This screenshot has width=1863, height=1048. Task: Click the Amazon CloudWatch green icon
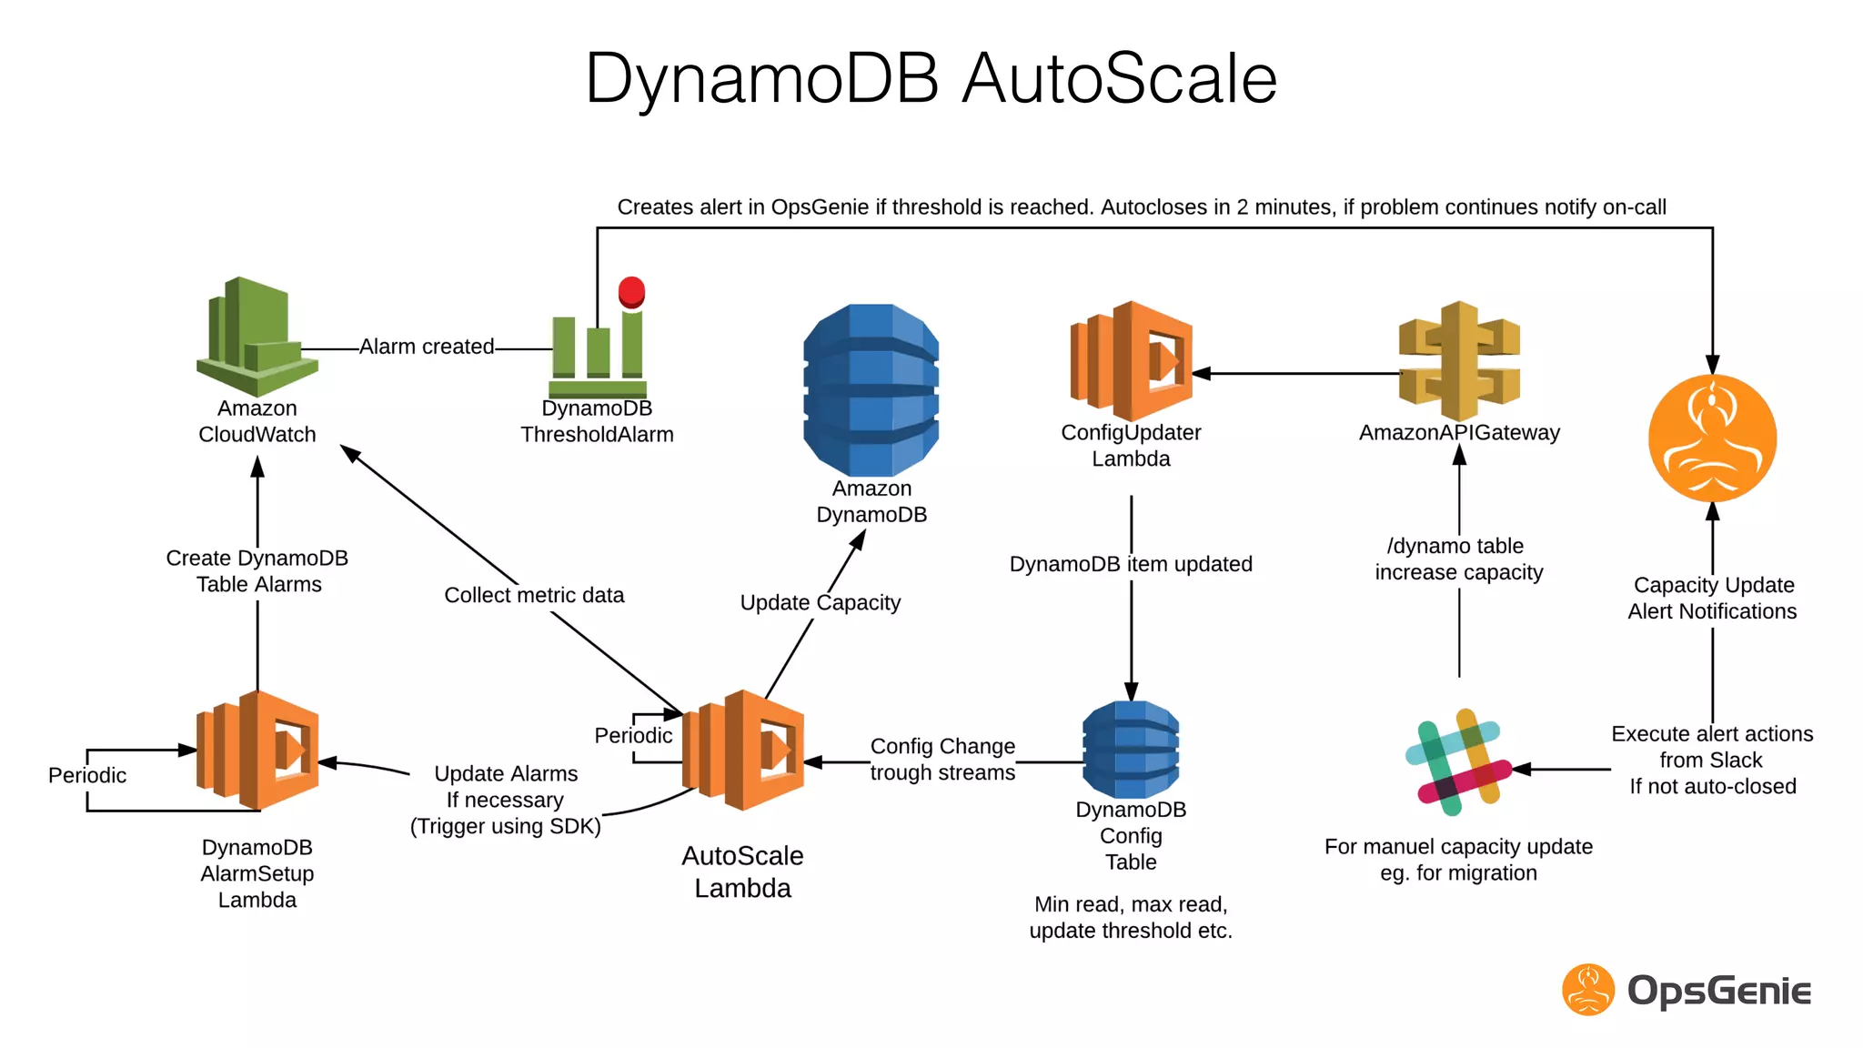coord(257,337)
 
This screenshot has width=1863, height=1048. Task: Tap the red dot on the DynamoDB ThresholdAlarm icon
coord(631,292)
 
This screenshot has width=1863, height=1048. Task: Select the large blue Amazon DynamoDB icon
coord(871,389)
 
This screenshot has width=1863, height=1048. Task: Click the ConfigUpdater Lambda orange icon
coord(1131,361)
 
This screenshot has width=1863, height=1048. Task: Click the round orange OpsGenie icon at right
coord(1712,438)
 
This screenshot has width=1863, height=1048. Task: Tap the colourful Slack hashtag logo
coord(1458,762)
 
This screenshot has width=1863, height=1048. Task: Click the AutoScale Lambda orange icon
coord(743,751)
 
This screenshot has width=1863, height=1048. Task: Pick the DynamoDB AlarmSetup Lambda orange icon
coord(257,751)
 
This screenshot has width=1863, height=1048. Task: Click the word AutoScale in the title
coord(1119,79)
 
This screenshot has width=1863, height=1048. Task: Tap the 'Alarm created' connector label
coord(427,347)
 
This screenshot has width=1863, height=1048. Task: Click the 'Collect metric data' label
coord(534,596)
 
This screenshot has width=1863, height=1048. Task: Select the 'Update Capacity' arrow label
coord(820,603)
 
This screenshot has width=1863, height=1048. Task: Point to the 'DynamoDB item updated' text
coord(1131,564)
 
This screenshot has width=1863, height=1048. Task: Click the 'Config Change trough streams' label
coord(942,760)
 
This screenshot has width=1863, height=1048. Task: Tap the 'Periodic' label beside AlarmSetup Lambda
coord(87,776)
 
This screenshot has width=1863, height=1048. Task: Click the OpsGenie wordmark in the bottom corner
coord(1718,991)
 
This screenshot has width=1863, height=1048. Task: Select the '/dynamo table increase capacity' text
coord(1458,559)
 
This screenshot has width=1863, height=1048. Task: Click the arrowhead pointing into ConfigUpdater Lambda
coord(1202,373)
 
